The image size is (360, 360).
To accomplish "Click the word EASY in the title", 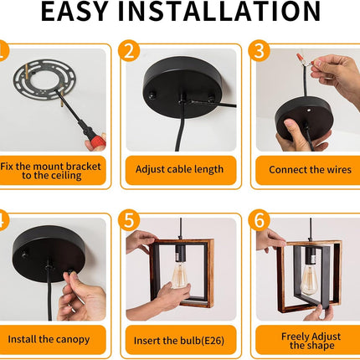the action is coord(75,11).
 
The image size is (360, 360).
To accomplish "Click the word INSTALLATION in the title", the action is coord(219,11).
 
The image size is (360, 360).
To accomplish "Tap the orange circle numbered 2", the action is coord(129,51).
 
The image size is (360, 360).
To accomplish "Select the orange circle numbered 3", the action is coord(260,51).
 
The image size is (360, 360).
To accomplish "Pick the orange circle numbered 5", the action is coord(129,220).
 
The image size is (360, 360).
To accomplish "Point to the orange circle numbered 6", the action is coord(260,220).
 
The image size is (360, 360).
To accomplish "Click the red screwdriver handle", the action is coord(98,140).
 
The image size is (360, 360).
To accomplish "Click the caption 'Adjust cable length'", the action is coord(179,169).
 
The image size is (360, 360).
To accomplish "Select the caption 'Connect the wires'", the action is coord(310,170).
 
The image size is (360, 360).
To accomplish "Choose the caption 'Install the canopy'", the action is coord(49,339).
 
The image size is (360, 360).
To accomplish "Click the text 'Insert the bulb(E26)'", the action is coord(179,341).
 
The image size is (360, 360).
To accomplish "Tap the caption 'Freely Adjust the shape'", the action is coord(311,341).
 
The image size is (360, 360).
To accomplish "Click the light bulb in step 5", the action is coord(179,275).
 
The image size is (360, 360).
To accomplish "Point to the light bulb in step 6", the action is coord(309,280).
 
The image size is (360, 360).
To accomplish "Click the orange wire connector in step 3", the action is coord(301,58).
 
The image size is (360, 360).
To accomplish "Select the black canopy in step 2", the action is coord(183,87).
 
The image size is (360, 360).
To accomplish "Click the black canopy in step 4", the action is coord(49,254).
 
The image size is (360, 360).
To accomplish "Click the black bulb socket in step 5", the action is coord(180,254).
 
